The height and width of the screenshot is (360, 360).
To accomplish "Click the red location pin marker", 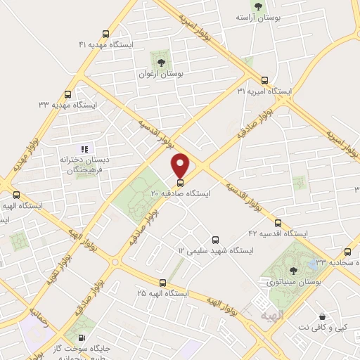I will click(x=181, y=165).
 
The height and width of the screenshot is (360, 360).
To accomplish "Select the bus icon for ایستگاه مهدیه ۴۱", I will click(x=105, y=33).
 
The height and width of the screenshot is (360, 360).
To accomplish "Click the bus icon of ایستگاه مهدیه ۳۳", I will click(x=67, y=94).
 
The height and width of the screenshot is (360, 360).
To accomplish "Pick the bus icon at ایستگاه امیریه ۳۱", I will click(x=265, y=80).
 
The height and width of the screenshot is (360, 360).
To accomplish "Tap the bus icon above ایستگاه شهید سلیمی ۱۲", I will click(x=215, y=239).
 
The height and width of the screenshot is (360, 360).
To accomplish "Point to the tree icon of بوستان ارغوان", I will click(x=162, y=60).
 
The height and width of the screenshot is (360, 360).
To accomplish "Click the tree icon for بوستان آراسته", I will click(x=259, y=6).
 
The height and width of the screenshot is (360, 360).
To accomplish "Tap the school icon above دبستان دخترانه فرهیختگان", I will click(x=84, y=148).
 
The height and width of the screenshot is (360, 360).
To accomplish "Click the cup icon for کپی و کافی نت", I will click(x=323, y=317).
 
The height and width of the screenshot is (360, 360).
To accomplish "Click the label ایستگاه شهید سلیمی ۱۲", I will click(x=211, y=250).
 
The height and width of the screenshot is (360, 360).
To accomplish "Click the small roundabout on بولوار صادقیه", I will click(x=115, y=262).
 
